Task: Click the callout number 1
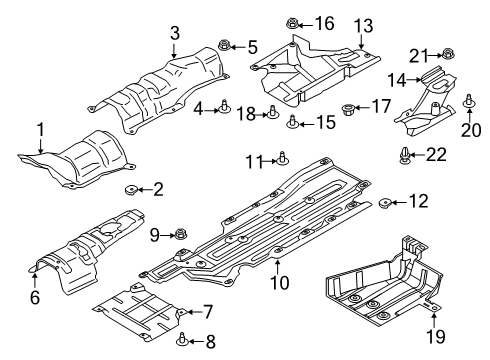tap(41, 128)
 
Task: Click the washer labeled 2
tap(131, 189)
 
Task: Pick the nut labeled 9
tap(181, 235)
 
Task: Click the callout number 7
tap(207, 312)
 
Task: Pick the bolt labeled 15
tap(291, 123)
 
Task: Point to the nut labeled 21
tap(448, 55)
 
